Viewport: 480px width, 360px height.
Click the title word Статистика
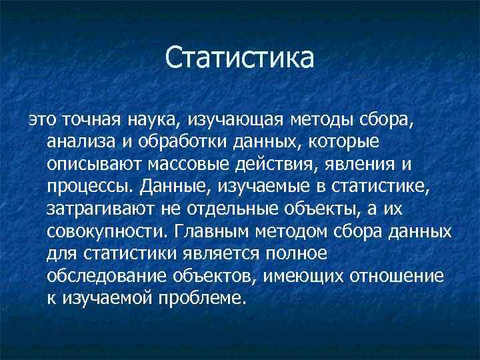[x=239, y=57]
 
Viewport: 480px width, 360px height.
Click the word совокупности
[x=104, y=233]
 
